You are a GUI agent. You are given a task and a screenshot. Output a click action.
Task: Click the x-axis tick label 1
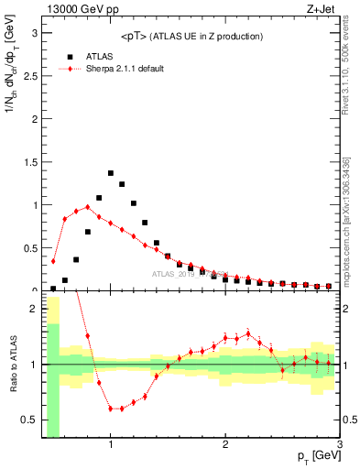(111, 445)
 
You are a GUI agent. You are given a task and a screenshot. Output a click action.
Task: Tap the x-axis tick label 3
(339, 445)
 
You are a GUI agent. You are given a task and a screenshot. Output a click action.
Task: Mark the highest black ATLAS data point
(111, 173)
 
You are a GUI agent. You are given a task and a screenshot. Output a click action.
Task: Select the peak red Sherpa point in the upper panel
(88, 207)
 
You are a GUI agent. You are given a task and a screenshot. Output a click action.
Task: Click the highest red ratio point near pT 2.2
(248, 333)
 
